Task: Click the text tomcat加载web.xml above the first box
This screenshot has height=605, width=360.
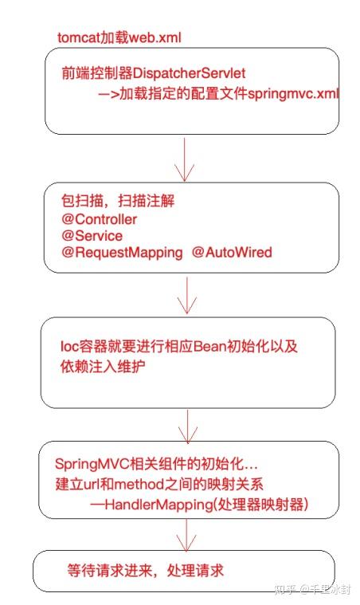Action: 119,37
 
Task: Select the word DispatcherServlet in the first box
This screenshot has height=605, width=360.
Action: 189,73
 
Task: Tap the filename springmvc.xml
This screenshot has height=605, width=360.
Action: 293,94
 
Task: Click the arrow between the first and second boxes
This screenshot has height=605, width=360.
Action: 185,159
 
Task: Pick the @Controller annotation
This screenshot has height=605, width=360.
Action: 99,219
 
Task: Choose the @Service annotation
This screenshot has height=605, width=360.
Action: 92,235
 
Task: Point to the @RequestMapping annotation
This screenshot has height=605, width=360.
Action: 122,253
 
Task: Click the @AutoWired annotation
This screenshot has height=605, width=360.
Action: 232,252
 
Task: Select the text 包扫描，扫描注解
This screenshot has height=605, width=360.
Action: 118,201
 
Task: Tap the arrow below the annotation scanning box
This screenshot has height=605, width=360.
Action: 187,295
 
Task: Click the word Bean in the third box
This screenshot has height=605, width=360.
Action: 209,346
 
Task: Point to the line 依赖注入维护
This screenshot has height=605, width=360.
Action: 103,366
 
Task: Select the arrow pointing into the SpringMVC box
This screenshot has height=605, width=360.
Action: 188,426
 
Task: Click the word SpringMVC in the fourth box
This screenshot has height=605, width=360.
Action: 92,464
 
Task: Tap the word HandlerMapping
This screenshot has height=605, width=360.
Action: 158,505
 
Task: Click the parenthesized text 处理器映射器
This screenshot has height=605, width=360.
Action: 261,505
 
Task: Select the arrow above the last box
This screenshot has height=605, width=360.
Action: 186,535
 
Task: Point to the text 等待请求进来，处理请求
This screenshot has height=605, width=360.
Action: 145,571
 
